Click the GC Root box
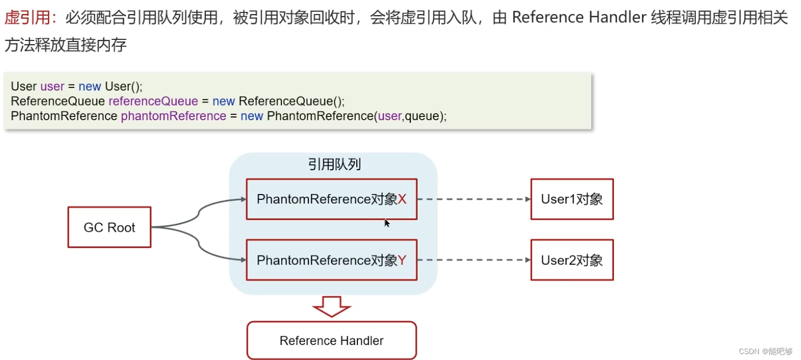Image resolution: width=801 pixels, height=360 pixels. (109, 227)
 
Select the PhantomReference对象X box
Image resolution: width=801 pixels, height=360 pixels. (332, 199)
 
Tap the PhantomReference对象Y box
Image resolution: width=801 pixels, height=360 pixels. (332, 260)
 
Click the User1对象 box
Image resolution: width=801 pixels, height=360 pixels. (572, 199)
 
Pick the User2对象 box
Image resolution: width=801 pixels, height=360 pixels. (572, 260)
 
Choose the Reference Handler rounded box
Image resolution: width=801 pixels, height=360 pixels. (332, 341)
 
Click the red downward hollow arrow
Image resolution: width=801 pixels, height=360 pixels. (332, 307)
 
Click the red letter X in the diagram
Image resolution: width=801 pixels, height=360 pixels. (402, 199)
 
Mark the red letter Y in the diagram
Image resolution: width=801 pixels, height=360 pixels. (402, 260)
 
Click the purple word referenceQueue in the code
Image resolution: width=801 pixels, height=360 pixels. (153, 101)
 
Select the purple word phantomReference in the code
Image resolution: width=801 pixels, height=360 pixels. (173, 116)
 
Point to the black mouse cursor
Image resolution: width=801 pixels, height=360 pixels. (386, 223)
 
